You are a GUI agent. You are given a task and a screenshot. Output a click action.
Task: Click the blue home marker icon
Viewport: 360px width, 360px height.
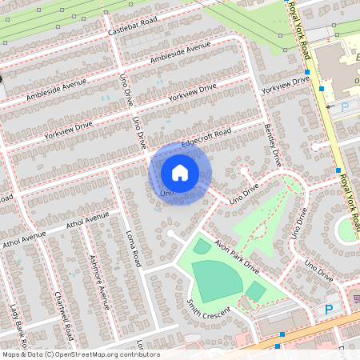(x=180, y=173)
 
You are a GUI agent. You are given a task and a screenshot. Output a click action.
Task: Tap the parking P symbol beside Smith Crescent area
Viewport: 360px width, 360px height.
(x=329, y=309)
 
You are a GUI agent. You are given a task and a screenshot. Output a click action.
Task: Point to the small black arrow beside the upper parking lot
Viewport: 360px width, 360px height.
(x=328, y=105)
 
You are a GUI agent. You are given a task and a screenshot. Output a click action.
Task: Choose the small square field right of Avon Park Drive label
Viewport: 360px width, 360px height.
(x=255, y=291)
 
